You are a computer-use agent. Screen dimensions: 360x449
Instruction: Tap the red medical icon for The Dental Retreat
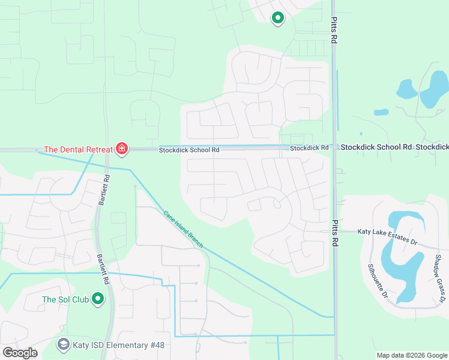[x=122, y=148]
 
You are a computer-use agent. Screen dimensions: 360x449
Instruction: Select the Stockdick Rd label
[x=309, y=148]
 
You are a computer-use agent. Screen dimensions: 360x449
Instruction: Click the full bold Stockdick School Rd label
[x=376, y=147]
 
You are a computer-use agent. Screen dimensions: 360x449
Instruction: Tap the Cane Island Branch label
[x=184, y=229]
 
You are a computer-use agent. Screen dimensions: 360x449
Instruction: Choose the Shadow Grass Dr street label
[x=439, y=277]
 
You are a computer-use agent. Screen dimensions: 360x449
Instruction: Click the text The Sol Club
[x=65, y=299]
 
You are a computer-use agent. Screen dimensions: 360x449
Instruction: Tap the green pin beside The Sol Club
[x=98, y=298]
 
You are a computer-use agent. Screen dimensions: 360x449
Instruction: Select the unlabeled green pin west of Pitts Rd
[x=277, y=18]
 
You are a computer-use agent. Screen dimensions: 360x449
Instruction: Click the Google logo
[x=20, y=353]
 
